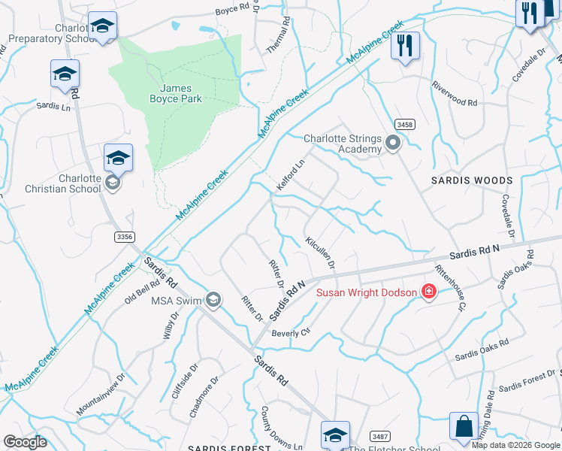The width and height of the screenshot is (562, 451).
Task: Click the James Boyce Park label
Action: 180,94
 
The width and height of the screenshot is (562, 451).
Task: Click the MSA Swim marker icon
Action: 213,301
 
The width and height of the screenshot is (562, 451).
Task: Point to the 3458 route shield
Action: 406,123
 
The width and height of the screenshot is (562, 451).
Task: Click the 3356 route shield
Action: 125,236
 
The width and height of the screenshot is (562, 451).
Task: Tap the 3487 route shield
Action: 379,435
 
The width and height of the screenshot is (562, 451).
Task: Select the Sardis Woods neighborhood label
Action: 472,180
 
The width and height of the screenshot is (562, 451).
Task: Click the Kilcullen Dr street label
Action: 320,253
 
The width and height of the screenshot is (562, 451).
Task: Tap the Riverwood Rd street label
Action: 454,94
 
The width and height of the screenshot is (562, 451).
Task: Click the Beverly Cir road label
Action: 291,333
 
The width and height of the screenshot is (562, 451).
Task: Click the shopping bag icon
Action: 464,425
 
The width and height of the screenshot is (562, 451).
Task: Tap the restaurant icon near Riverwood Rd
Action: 405,46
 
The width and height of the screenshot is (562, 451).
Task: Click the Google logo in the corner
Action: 26,441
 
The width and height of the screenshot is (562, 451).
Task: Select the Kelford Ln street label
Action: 291,174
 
